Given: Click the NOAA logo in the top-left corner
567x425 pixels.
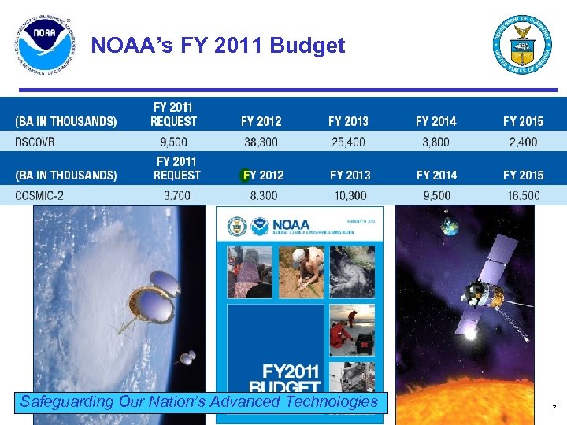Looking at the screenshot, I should coord(43,46).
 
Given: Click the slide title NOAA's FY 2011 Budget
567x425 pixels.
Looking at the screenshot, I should coord(218,46).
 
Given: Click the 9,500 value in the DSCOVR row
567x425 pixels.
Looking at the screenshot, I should coord(173,142).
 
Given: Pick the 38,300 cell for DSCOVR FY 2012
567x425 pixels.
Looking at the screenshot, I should coord(261,142).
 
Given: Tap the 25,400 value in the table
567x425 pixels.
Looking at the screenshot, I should coord(348,142).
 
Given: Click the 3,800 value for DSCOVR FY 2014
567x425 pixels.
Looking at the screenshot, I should coord(435,142).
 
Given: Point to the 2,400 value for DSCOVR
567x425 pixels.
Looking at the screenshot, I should coord(523,142).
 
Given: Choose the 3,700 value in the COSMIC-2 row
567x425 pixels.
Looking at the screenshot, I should coord(176,195).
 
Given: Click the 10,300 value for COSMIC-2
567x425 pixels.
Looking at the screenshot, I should coord(350,195).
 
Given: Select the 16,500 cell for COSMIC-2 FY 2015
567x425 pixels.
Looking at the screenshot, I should coord(523,195).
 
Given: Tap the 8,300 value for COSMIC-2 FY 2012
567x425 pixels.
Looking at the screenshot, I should coord(262,195).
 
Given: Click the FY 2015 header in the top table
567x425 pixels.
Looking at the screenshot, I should coord(523,121).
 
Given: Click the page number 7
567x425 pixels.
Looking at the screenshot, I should coord(554,407).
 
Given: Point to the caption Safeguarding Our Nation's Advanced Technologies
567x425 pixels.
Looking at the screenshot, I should coord(199,402).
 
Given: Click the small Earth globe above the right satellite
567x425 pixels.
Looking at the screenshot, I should coord(450,227).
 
